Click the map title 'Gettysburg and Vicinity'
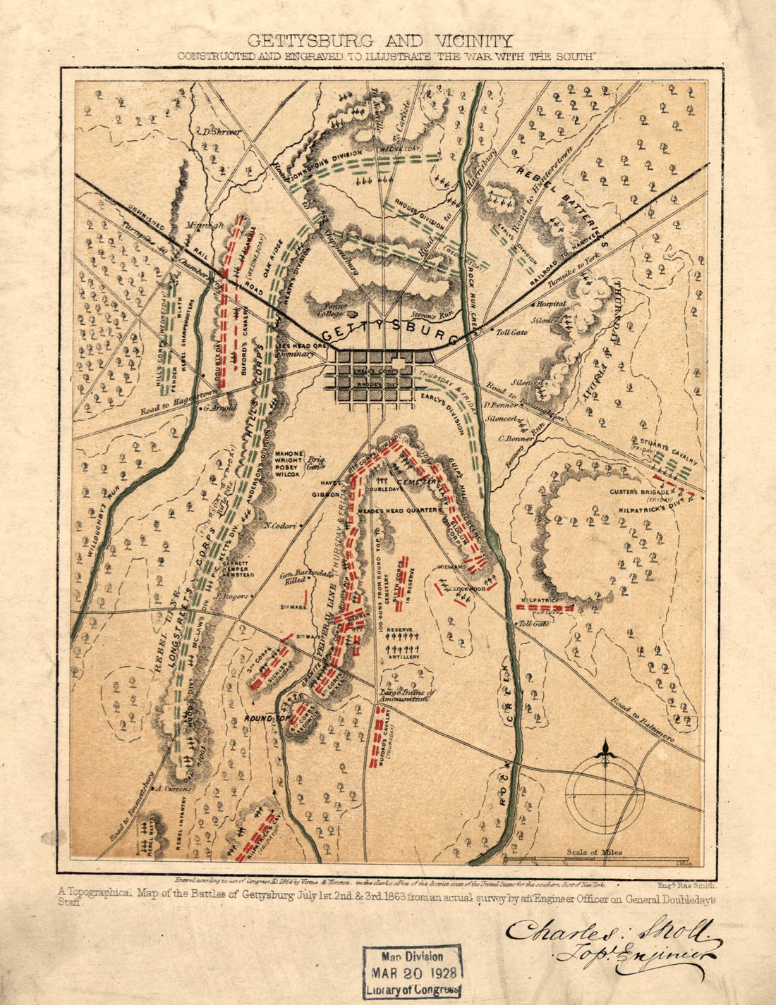pos(380,41)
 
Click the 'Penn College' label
pos(329,311)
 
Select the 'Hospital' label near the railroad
pos(551,304)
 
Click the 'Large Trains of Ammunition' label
pos(407,696)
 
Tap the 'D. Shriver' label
pos(220,132)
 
